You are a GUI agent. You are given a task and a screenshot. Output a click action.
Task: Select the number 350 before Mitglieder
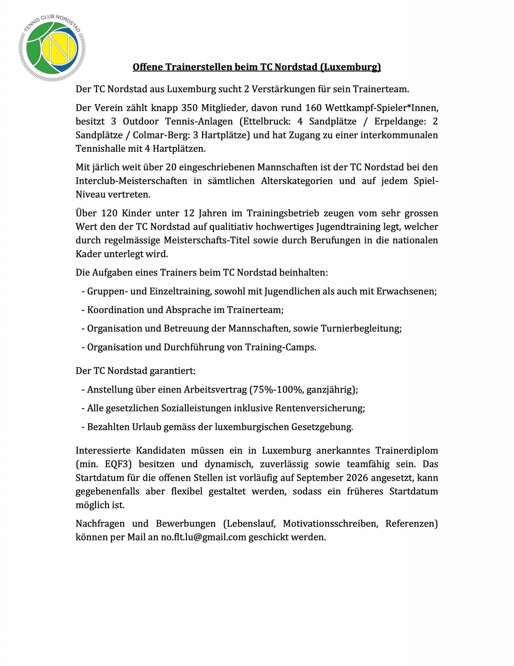coord(189,108)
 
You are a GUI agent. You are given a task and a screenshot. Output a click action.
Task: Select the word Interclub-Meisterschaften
coord(131,181)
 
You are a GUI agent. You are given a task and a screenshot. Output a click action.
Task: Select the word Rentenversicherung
coord(320,408)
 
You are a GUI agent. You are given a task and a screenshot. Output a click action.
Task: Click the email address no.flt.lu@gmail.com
coord(203,537)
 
